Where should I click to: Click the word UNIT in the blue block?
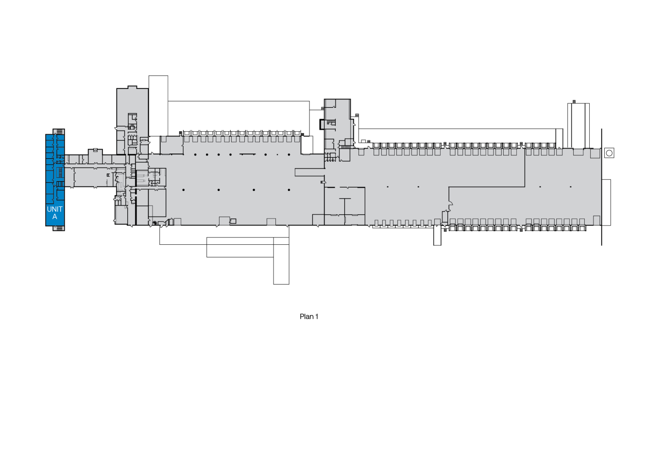click(x=54, y=209)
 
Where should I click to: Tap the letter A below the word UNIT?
click(x=55, y=217)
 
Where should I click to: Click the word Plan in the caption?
click(x=306, y=316)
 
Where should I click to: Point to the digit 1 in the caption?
click(x=317, y=316)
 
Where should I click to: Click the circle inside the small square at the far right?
click(x=609, y=153)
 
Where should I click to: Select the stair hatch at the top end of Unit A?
click(x=59, y=132)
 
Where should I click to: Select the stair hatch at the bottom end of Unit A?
click(x=59, y=228)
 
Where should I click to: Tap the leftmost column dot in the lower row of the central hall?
click(x=184, y=190)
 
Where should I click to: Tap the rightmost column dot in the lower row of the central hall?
click(x=289, y=190)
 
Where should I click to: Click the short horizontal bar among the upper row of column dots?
click(x=247, y=154)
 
